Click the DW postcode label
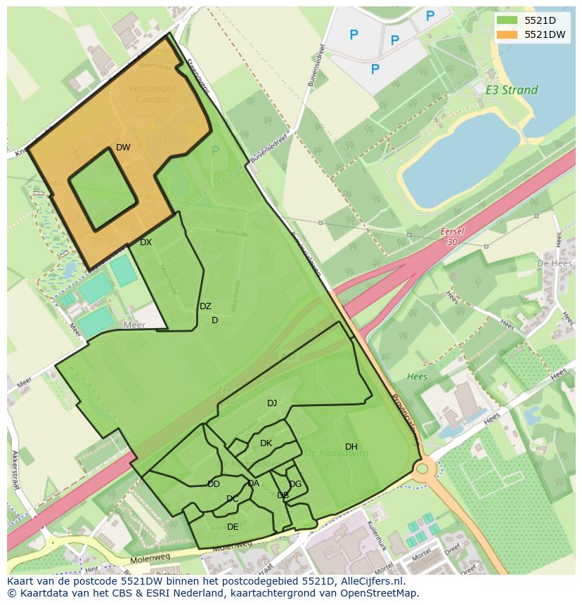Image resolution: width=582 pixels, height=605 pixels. coord(123,148)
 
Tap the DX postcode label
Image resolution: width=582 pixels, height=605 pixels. coord(145,242)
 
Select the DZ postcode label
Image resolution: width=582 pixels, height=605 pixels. coord(205,306)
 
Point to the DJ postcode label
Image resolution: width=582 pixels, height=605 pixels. coord(272,403)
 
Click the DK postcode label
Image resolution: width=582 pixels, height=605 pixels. coord(266,443)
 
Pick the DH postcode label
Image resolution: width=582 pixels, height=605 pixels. coord(351,447)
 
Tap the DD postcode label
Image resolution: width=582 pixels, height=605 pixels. coord(214,484)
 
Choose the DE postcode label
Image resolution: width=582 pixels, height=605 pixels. coord(233,527)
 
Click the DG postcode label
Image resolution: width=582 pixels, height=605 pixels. coord(295,484)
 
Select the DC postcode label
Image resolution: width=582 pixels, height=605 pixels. coord(233,500)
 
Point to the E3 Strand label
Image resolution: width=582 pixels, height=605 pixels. coord(512,90)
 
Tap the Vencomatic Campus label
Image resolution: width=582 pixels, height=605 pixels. coord(154,94)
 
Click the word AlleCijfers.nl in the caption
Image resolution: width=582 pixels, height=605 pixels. coord(366,582)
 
